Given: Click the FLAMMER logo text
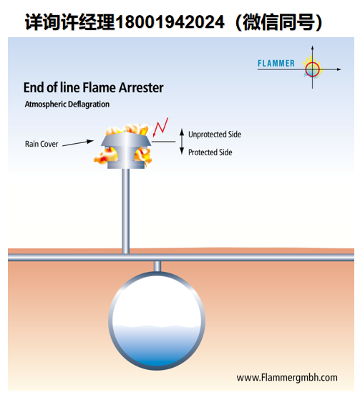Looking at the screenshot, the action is coord(276,63).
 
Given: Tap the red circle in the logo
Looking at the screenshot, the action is coord(312,64).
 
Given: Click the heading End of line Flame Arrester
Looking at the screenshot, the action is coord(93,87).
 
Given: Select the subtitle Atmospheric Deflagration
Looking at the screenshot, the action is coord(67,104).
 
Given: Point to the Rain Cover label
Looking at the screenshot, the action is coord(42,144).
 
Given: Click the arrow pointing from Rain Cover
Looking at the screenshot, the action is coord(78,143).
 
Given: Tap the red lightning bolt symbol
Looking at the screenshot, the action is coord(160,127).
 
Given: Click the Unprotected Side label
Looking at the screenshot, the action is coord(215,135).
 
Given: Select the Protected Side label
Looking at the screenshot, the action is coord(210,152).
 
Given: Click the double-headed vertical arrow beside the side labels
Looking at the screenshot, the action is coord(182,142).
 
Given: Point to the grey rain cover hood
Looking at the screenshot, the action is coord(126,140).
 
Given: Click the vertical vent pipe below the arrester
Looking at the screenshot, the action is coord(125,211).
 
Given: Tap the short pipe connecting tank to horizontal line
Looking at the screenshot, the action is coord(157,266).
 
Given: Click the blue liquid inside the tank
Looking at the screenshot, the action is coord(157,346).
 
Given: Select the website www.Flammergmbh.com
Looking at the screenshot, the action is coord(287,378).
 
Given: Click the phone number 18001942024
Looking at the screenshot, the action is coord(170,21).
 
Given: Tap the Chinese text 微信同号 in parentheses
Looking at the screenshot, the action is coord(278,22).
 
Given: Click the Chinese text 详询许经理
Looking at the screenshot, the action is coord(69,22).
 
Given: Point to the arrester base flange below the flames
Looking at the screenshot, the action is coord(126,165).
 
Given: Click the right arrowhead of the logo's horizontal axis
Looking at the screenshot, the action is coord(339,69).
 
